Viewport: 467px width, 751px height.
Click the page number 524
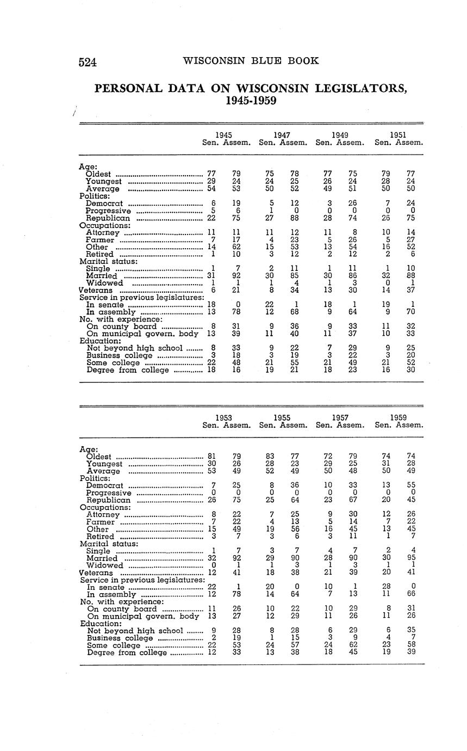click(88, 62)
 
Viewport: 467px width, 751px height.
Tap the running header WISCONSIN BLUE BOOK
click(251, 60)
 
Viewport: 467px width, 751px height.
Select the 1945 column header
click(224, 135)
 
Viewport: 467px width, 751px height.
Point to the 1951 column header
click(398, 135)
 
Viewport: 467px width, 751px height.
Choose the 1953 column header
click(224, 417)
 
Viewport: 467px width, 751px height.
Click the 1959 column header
click(398, 417)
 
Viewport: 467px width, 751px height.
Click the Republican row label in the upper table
click(108, 218)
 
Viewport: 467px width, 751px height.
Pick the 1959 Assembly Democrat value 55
click(410, 485)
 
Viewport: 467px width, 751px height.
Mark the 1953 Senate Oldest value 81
click(212, 456)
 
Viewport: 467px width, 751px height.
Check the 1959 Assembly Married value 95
click(410, 558)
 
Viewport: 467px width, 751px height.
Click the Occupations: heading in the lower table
click(105, 507)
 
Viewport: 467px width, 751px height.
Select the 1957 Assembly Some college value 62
click(353, 645)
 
